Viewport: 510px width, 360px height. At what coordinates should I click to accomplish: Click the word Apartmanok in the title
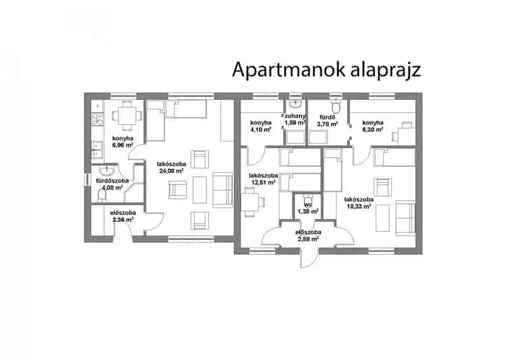point(288,69)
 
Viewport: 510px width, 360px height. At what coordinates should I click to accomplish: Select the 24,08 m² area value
point(171,171)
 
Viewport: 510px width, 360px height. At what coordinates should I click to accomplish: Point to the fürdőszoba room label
point(112,180)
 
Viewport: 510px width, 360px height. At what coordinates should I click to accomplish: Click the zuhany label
point(295,116)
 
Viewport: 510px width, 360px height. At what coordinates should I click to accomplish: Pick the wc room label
point(308,205)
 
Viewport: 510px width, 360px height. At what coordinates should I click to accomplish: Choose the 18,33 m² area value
point(358,206)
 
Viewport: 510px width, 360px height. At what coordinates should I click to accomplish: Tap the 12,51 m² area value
point(263,182)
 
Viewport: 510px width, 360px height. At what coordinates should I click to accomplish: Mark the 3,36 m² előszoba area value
point(122,220)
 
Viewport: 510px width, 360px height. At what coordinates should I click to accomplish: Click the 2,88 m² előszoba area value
point(308,239)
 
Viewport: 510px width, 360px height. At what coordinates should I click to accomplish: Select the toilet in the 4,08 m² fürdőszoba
point(102,195)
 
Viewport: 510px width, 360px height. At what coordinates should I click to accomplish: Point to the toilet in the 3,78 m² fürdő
point(335,104)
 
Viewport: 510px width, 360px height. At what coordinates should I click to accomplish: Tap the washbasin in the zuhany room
point(295,103)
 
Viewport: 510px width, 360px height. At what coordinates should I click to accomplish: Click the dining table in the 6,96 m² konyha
point(127,116)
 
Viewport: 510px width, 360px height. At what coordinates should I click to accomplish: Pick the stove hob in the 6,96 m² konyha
point(97,119)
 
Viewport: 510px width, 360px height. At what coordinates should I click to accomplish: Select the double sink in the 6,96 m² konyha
point(97,150)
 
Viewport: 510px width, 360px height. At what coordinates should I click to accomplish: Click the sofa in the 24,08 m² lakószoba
point(222,191)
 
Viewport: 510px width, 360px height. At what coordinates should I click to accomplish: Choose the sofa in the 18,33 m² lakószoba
point(405,218)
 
